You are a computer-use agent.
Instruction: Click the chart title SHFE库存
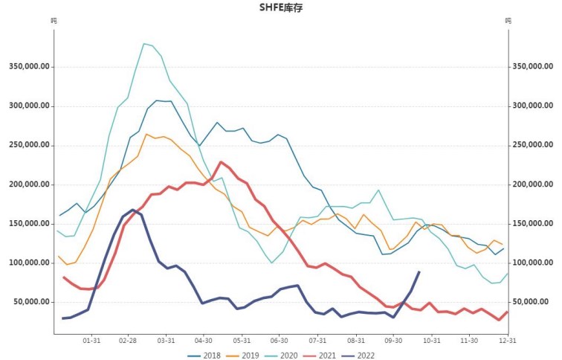(280, 7)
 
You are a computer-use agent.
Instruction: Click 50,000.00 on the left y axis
(32, 302)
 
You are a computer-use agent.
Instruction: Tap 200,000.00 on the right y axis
(533, 184)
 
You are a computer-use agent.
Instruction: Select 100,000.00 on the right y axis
(533, 263)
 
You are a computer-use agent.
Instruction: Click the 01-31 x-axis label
(91, 341)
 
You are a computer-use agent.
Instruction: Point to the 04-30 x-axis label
(203, 341)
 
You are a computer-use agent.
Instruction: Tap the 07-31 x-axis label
(317, 341)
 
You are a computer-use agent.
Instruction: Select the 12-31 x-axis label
(508, 341)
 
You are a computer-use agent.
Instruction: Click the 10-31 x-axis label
(430, 341)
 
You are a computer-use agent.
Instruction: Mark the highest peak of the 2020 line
(143, 44)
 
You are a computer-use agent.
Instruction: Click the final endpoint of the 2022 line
(419, 272)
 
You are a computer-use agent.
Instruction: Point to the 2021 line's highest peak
(221, 162)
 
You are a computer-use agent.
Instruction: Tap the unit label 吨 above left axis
(54, 21)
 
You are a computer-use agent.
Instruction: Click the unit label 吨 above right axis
(508, 21)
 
